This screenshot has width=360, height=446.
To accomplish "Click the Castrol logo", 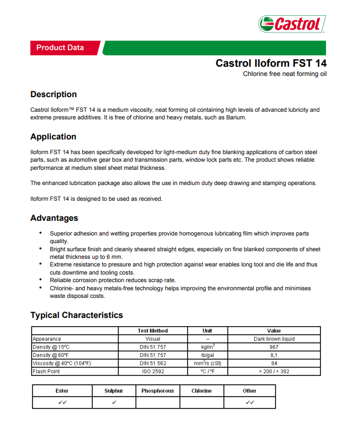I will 292,24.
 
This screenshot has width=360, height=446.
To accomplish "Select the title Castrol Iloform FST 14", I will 271,63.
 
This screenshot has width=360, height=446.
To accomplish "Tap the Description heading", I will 54,94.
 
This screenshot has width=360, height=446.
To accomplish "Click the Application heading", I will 53,137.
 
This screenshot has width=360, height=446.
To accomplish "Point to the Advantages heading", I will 54,218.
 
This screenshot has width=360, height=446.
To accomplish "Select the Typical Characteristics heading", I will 76,315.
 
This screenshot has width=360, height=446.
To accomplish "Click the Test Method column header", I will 153,330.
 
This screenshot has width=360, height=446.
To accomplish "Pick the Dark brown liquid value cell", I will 274,339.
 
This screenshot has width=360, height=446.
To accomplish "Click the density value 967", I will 274,347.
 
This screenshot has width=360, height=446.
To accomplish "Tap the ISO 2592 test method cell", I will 153,372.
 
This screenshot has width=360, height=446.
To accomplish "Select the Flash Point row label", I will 47,372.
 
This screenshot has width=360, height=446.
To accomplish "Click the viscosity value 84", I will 274,364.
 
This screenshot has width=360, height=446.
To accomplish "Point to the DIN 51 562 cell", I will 153,364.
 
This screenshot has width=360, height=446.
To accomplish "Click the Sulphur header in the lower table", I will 114,391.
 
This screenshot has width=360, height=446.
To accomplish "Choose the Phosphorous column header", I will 158,391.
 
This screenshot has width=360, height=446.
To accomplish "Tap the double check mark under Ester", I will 62,403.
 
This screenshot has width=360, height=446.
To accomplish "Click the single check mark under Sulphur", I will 114,403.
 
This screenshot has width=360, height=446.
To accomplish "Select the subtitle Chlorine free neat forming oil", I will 285,74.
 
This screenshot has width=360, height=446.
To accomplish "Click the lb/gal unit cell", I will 207,355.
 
